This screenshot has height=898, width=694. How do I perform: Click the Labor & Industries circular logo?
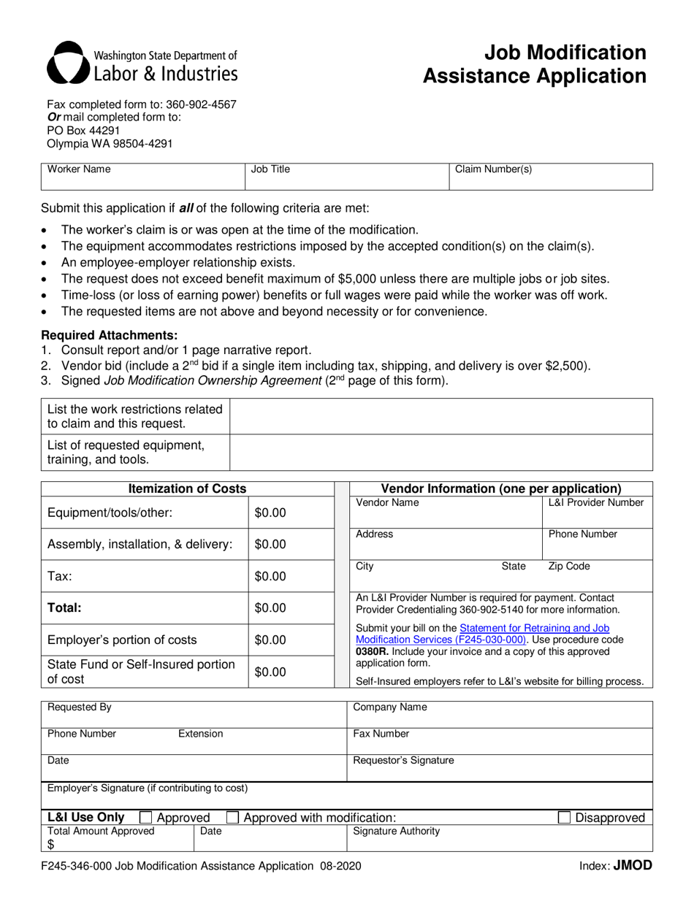(x=66, y=63)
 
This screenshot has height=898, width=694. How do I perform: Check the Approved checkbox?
(x=145, y=818)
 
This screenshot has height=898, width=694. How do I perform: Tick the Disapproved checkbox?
(x=565, y=818)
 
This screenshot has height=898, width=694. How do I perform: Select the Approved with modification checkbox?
(x=232, y=818)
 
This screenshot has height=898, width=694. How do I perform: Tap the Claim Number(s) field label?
(x=493, y=169)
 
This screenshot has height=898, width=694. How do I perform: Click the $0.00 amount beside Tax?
(x=270, y=577)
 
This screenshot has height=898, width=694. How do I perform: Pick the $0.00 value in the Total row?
(x=270, y=608)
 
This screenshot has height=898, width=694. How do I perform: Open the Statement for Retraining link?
(x=535, y=628)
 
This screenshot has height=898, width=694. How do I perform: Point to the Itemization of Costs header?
(x=187, y=488)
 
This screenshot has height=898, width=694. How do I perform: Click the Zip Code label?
(x=569, y=567)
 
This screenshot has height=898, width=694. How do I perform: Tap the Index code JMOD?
(x=632, y=866)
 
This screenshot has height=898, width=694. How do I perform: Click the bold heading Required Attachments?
(x=110, y=335)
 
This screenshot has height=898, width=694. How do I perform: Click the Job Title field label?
(x=270, y=169)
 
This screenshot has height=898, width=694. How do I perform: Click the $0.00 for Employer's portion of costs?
(x=270, y=640)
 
